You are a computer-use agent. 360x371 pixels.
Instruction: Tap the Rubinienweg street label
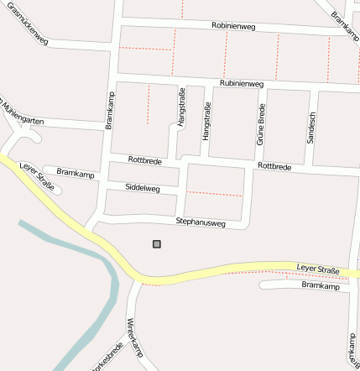coord(242,84)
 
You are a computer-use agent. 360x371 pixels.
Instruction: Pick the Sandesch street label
coord(310,127)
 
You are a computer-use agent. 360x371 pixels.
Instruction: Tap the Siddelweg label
coord(142,187)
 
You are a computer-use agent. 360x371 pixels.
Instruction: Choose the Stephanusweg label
coord(201,222)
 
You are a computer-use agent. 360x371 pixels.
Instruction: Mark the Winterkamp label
coord(134,337)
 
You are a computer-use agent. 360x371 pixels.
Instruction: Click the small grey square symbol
coord(156,244)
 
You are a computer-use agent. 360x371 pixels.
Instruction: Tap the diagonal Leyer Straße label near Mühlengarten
coord(36,175)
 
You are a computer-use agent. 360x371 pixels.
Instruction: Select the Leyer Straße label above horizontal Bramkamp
coord(317,269)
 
